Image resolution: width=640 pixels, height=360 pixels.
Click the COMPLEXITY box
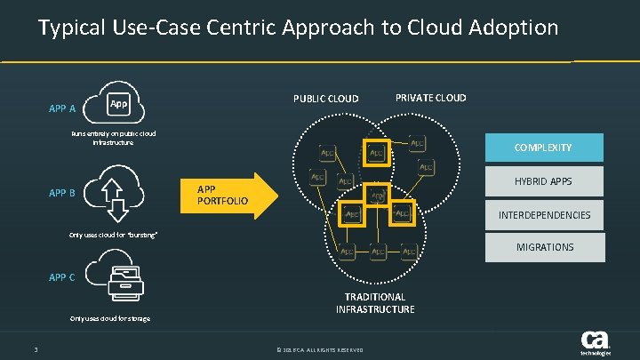pyautogui.click(x=542, y=148)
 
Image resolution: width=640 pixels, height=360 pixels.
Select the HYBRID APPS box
pyautogui.click(x=542, y=181)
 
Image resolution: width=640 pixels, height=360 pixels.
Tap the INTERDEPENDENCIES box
pyautogui.click(x=542, y=215)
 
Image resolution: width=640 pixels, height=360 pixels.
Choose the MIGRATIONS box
pyautogui.click(x=542, y=247)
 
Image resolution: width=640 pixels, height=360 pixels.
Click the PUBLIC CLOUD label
pyautogui.click(x=325, y=99)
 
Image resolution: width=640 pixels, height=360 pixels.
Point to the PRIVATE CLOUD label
pyautogui.click(x=430, y=98)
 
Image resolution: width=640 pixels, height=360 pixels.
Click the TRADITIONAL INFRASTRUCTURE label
pyautogui.click(x=375, y=303)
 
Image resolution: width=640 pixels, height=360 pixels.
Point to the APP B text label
pyautogui.click(x=62, y=193)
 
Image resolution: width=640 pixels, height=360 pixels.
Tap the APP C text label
pyautogui.click(x=62, y=277)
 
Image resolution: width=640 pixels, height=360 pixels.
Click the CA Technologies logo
pyautogui.click(x=595, y=342)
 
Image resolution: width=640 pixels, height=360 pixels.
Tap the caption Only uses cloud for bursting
pyautogui.click(x=114, y=235)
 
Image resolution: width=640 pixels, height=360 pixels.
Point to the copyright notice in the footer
pyautogui.click(x=320, y=349)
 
